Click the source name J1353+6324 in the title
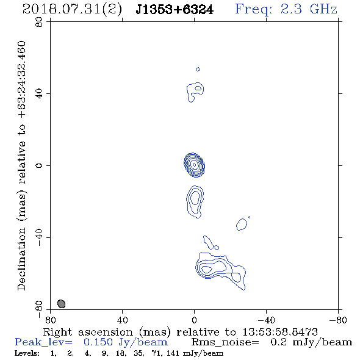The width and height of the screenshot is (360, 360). click(x=175, y=10)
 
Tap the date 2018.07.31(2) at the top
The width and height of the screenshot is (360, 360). click(x=72, y=10)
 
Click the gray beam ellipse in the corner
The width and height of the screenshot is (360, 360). click(x=61, y=304)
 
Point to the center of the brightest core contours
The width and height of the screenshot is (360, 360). click(x=194, y=165)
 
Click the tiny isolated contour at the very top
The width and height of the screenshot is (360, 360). click(x=198, y=69)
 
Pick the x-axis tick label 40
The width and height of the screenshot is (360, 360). click(x=122, y=320)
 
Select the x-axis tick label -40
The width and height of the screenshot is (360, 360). click(x=266, y=320)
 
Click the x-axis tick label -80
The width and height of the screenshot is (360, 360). click(x=338, y=320)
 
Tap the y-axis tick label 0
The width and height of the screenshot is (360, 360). click(x=39, y=165)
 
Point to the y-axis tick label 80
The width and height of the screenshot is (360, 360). click(x=39, y=22)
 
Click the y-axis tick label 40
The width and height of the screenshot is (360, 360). click(x=39, y=94)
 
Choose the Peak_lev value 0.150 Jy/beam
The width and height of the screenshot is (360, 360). click(x=125, y=342)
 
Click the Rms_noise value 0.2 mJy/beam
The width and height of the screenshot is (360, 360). click(x=311, y=342)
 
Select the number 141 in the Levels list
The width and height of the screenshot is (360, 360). click(x=173, y=353)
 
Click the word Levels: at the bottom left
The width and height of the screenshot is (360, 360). click(x=27, y=353)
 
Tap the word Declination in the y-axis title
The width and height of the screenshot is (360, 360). click(x=21, y=259)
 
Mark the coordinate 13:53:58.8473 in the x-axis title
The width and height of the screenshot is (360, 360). click(x=280, y=332)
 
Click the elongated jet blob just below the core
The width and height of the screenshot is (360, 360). click(x=195, y=201)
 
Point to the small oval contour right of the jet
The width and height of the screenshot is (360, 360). click(x=242, y=225)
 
